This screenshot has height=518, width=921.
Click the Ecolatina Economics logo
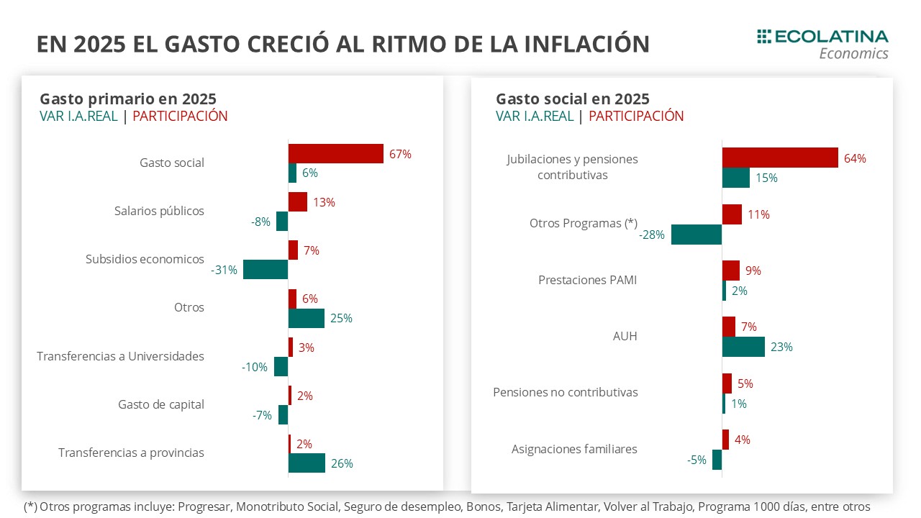point(822,44)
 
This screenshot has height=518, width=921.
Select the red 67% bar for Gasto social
point(335,153)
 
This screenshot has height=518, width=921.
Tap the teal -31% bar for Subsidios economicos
point(266,270)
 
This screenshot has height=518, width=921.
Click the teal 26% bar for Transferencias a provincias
point(307,463)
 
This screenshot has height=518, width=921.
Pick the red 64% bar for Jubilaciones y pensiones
point(780,158)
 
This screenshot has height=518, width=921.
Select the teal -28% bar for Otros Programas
point(697,235)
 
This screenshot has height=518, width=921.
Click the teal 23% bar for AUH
point(743,347)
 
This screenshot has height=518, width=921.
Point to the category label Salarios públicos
point(159,211)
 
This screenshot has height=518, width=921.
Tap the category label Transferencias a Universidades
point(120,356)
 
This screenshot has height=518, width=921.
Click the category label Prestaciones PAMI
point(587,280)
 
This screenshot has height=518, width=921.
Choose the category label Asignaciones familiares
point(574,449)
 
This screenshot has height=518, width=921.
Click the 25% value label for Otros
point(341,318)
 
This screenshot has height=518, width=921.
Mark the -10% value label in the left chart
point(255,367)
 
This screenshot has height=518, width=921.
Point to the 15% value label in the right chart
point(766,178)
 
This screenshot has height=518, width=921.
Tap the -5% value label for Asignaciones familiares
point(696,460)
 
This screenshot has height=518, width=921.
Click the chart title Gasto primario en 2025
point(127,99)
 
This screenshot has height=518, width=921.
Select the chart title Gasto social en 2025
point(572,99)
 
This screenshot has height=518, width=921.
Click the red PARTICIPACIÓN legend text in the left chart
point(180,116)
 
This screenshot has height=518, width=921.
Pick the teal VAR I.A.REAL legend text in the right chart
point(535,116)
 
